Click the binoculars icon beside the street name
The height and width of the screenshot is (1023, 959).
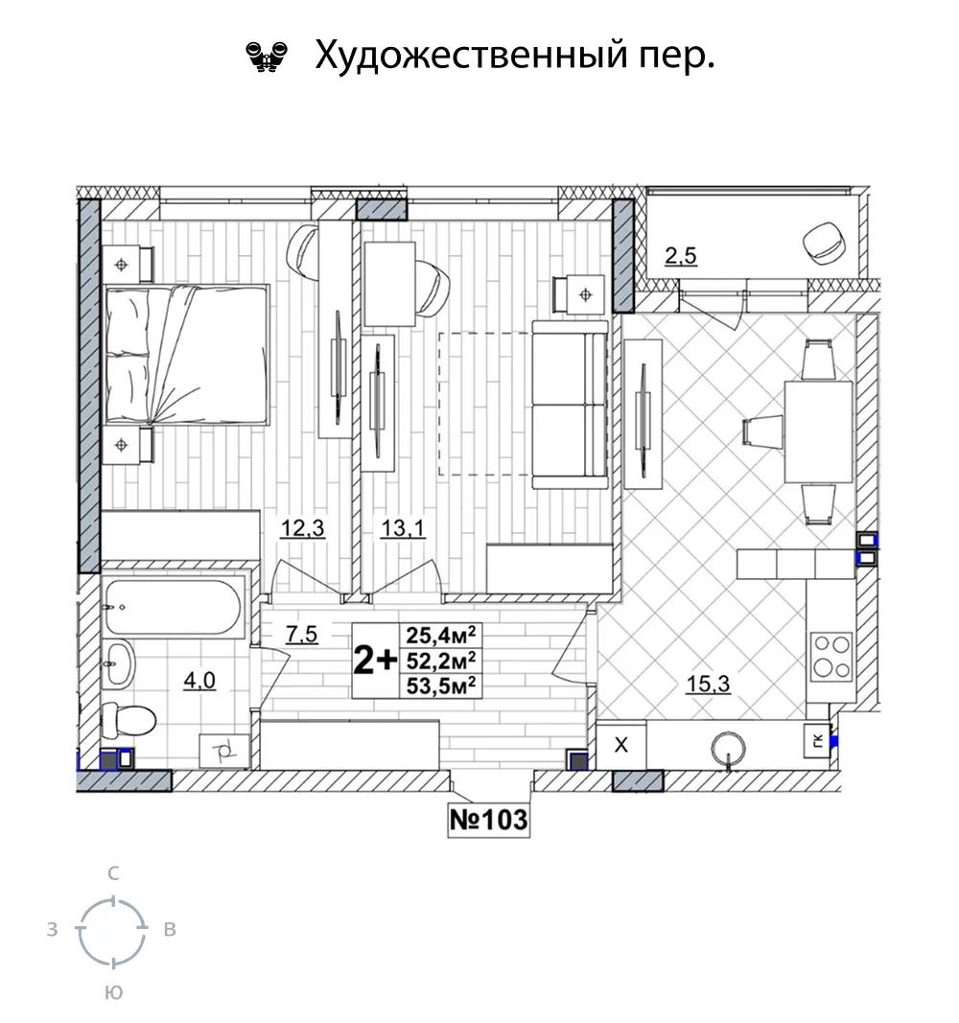[x=267, y=57]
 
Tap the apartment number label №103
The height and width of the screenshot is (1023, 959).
[x=489, y=819]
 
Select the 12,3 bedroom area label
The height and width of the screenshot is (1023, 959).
[x=303, y=528]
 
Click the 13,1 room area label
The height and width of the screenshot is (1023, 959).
[x=403, y=528]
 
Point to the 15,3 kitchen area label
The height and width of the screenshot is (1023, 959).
[x=708, y=685]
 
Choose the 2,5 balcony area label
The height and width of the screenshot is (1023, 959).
[x=681, y=256]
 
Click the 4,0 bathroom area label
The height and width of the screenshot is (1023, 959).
[x=199, y=681]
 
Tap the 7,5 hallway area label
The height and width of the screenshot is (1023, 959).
[x=302, y=634]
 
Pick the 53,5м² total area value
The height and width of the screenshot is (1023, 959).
[x=440, y=686]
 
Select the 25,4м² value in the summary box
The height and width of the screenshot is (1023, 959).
[x=440, y=635]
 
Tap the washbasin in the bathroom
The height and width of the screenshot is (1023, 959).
[x=118, y=663]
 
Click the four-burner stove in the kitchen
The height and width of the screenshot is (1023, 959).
[x=831, y=657]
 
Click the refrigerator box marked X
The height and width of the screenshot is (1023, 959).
[x=621, y=745]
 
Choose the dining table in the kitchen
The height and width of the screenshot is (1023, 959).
[x=818, y=431]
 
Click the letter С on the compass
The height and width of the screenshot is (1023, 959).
[x=113, y=873]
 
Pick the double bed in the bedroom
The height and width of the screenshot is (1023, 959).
[x=187, y=355]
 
